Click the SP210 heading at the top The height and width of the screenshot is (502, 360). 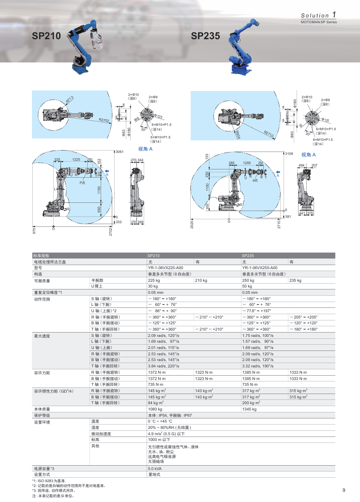[46, 36]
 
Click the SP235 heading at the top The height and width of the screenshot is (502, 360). [206, 36]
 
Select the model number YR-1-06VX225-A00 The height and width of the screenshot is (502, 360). [165, 268]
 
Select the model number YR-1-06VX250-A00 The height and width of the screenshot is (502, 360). [259, 268]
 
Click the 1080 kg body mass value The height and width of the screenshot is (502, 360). [155, 409]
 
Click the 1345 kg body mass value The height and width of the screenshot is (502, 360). [249, 409]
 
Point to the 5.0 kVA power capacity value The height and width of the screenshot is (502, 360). [155, 469]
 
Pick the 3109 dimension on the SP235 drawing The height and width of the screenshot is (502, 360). [289, 153]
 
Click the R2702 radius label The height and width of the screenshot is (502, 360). [104, 119]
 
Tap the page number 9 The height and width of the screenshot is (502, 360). [344, 490]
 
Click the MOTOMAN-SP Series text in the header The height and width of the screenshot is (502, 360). [318, 22]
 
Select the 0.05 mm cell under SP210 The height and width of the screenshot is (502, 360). [155, 292]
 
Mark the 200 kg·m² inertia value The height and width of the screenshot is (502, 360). [251, 403]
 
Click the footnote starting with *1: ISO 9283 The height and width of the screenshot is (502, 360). [49, 480]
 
